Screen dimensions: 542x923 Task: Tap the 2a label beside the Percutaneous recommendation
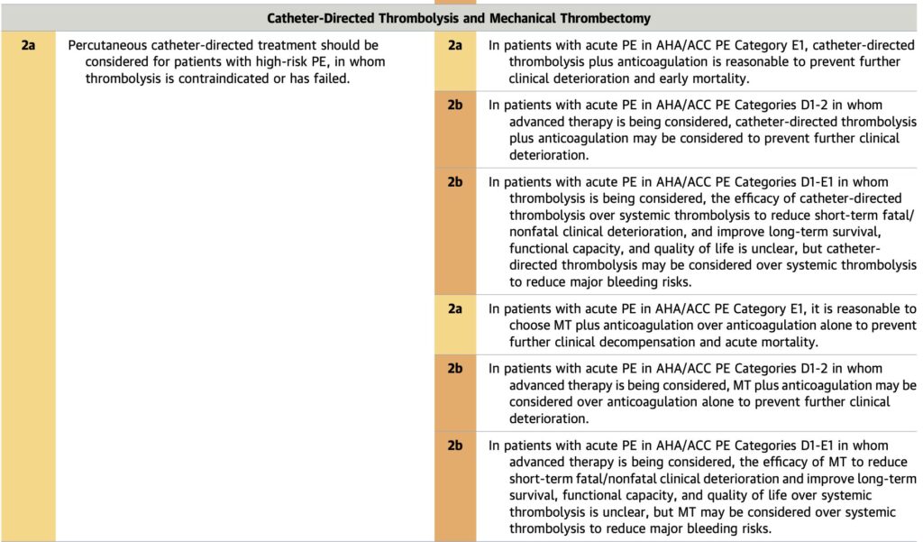tap(28, 44)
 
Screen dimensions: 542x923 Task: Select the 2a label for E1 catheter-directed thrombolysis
tap(455, 44)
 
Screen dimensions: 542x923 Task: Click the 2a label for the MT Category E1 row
tap(455, 308)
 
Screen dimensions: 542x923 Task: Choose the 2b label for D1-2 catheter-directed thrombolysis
tap(455, 105)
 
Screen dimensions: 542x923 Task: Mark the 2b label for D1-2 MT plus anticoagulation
tap(455, 369)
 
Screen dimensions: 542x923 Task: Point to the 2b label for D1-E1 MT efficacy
tap(455, 446)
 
